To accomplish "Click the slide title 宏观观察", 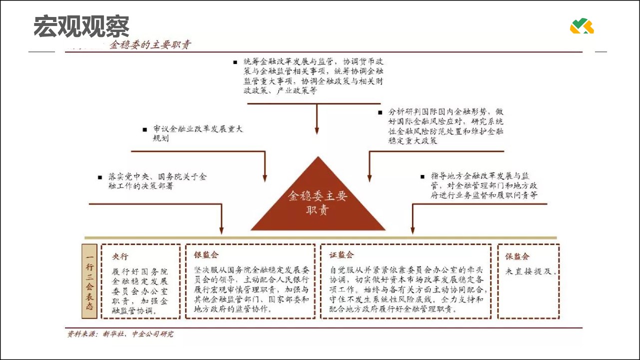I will pyautogui.click(x=81, y=26).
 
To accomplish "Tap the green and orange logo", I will pyautogui.click(x=581, y=26).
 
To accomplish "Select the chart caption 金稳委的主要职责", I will pyautogui.click(x=150, y=45).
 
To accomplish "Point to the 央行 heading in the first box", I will pyautogui.click(x=120, y=256).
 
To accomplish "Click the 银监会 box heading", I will pyautogui.click(x=206, y=255).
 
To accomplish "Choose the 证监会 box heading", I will pyautogui.click(x=341, y=255).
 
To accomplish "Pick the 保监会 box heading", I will pyautogui.click(x=517, y=256).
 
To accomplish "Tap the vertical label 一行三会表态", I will pyautogui.click(x=89, y=281).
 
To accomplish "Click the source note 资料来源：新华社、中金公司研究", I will pyautogui.click(x=120, y=334).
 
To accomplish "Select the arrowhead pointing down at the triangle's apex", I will pyautogui.click(x=316, y=131).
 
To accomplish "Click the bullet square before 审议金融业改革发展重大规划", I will pyautogui.click(x=144, y=129).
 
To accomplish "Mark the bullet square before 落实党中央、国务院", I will pyautogui.click(x=100, y=177).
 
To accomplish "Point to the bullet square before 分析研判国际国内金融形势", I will pyautogui.click(x=380, y=111).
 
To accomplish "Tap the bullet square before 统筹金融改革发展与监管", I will pyautogui.click(x=235, y=61).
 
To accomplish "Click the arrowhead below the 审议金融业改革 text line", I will pyautogui.click(x=265, y=178).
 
